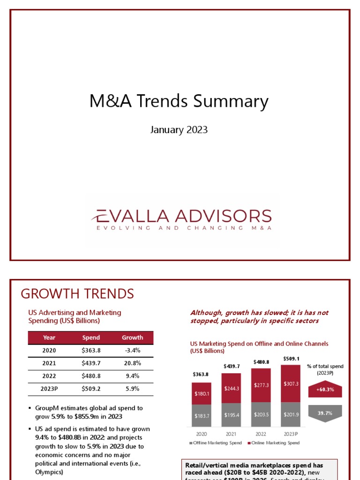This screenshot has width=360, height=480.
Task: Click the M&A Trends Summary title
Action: click(x=179, y=102)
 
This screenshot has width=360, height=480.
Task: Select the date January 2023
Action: click(x=179, y=130)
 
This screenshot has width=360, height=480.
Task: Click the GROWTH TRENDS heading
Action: click(x=77, y=294)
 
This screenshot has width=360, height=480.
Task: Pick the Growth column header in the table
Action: click(x=132, y=337)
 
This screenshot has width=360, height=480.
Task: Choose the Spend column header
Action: click(x=91, y=337)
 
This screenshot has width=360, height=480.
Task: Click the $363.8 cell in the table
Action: click(x=91, y=350)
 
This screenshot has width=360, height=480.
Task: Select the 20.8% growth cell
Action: click(x=132, y=363)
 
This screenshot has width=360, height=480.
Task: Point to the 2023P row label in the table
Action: click(x=49, y=389)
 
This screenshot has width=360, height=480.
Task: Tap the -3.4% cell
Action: click(x=132, y=350)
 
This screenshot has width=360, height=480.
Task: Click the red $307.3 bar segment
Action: click(x=291, y=384)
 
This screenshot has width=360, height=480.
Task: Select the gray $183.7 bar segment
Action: click(x=202, y=416)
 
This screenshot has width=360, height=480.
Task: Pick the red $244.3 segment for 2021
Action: click(x=231, y=388)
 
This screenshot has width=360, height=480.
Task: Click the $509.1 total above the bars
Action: click(x=291, y=359)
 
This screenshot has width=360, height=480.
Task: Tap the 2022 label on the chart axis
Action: click(x=261, y=434)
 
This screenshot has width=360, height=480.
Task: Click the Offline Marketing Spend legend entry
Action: click(x=216, y=443)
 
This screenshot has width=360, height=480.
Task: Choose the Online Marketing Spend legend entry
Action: click(x=274, y=443)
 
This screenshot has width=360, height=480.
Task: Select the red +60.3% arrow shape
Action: click(x=325, y=390)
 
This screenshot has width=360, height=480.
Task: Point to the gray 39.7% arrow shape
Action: click(x=325, y=413)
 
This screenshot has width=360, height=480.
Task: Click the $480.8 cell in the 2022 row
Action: click(x=91, y=376)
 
